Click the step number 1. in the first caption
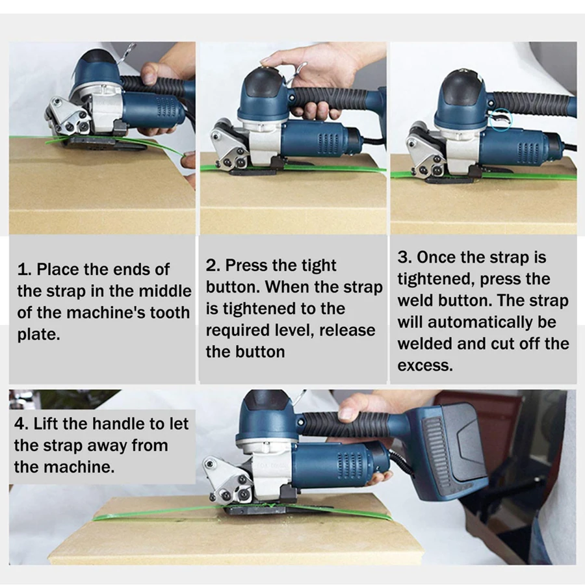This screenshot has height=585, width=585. (x=24, y=269)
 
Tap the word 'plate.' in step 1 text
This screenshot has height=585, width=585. (x=38, y=335)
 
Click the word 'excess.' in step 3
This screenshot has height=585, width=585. (x=425, y=366)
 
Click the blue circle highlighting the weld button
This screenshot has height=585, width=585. (x=500, y=120)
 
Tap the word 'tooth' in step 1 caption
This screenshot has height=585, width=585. (x=170, y=313)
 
